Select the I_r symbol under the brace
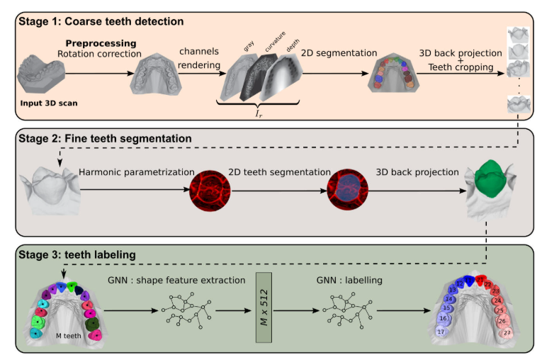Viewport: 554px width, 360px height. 261,113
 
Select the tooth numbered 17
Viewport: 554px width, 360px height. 441,332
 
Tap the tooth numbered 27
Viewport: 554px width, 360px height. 507,332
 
